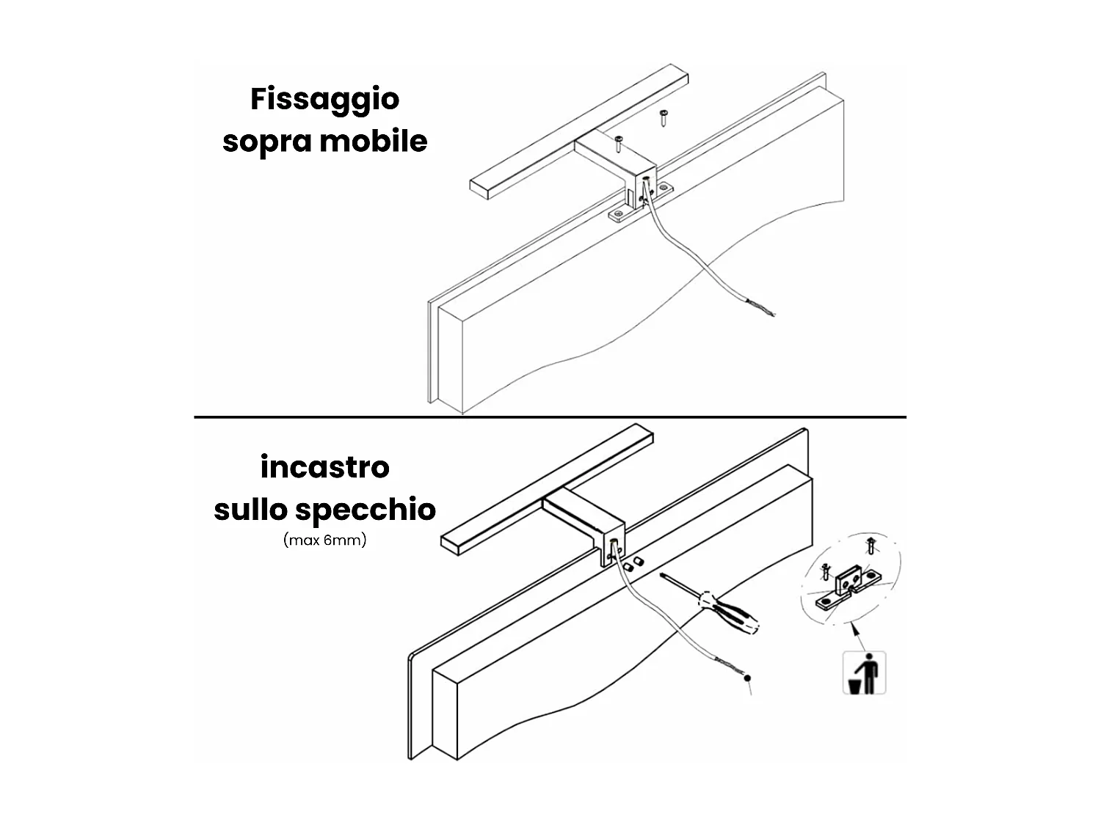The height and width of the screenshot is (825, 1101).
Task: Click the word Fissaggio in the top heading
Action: click(x=324, y=99)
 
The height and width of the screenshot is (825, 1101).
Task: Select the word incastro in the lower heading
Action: click(x=324, y=466)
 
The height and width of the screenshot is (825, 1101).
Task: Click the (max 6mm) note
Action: click(x=324, y=541)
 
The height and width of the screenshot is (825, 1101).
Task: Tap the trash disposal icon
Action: click(x=864, y=672)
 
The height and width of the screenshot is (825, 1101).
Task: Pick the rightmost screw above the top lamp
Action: click(x=663, y=116)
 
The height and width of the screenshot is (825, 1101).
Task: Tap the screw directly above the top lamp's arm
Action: click(x=619, y=142)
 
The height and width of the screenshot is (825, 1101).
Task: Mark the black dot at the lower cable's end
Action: click(x=748, y=680)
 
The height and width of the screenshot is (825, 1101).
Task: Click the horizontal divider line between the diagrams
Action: click(x=550, y=417)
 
